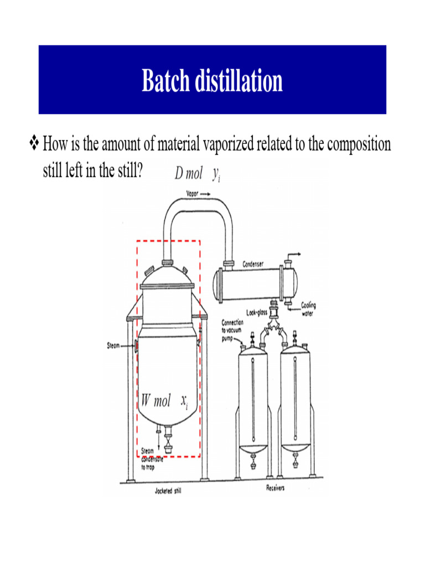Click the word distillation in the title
(x=238, y=81)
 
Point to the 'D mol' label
(x=189, y=174)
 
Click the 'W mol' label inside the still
(x=156, y=401)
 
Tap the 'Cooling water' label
(x=308, y=308)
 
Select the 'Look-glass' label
(x=256, y=313)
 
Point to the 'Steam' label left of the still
(x=113, y=347)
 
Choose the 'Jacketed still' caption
(x=168, y=491)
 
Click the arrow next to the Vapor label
(x=205, y=194)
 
